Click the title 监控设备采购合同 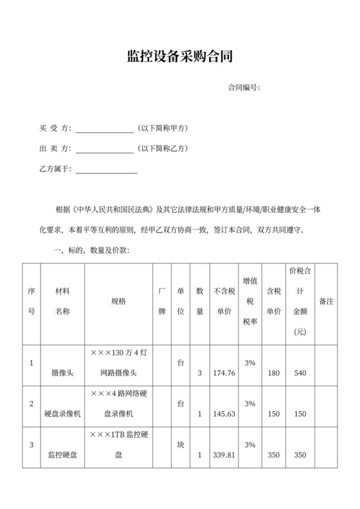179,57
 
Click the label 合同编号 244,87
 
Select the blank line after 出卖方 104,150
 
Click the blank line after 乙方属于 107,172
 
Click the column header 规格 118,301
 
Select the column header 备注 326,301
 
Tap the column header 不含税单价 223,301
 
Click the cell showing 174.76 224,373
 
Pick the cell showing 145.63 224,414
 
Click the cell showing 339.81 224,455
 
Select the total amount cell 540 300,373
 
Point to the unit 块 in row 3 181,444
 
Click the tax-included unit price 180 273,373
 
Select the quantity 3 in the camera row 200,373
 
